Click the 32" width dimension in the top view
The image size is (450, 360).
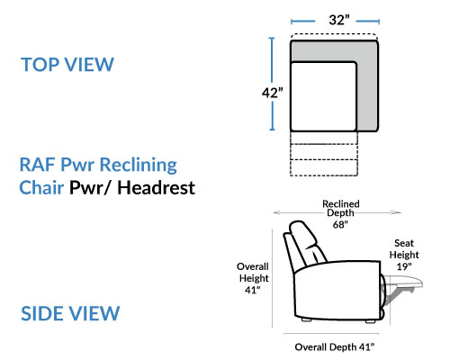coord(339,20)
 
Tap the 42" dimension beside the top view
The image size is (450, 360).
coord(272,93)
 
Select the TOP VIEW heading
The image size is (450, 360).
coord(67,65)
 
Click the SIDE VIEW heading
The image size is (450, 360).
coord(70,313)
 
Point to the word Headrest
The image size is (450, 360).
coord(156,188)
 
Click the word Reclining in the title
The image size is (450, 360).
coord(138,166)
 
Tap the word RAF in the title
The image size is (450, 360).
coord(38,165)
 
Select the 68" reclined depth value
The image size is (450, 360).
coord(340,224)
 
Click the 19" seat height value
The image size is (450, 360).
coord(404,266)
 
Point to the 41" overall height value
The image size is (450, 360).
coord(253,290)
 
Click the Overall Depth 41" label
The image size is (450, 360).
coord(335,347)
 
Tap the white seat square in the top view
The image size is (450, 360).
coord(323,96)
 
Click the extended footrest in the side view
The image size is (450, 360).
coord(404,282)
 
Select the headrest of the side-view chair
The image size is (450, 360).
coord(303,236)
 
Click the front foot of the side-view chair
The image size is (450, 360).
coord(370,321)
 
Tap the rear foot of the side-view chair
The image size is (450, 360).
coord(306,320)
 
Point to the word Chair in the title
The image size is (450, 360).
coord(41,188)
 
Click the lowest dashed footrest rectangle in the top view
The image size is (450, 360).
coord(324,167)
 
